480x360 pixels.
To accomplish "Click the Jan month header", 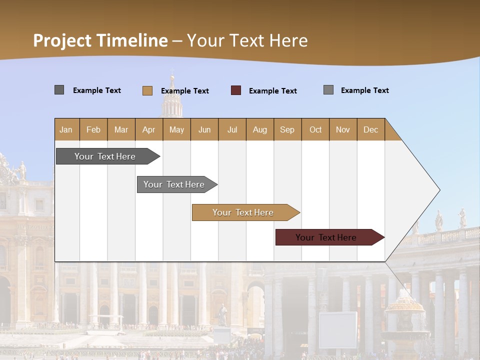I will point(66,129).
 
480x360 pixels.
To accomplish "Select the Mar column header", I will point(121,129).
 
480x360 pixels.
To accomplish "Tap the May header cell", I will point(176,129).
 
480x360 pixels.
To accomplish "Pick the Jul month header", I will point(232,129).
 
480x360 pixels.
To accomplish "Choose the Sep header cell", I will point(287,129).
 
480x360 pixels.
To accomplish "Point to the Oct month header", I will point(315,129).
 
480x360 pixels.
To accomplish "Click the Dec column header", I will point(370,129).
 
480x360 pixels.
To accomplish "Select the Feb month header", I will point(93,129).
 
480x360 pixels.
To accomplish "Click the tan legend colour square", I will point(147,90).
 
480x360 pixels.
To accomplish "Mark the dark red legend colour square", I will point(236,90).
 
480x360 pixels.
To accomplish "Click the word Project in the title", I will point(62,40).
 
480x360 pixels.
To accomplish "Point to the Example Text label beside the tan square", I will point(185,91).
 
